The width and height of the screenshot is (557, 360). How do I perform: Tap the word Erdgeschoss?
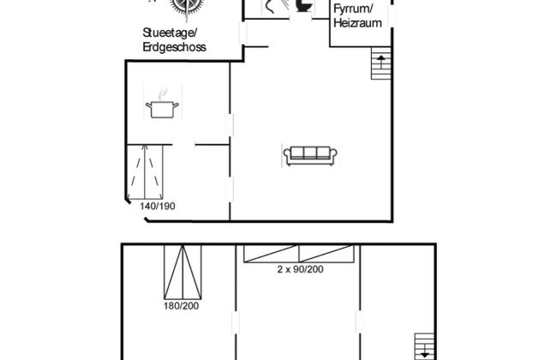click(x=175, y=47)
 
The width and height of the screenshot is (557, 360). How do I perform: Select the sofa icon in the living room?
click(x=310, y=155)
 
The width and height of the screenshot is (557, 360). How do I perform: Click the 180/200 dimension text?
click(x=181, y=304)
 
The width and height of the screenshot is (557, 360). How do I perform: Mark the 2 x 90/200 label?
click(x=299, y=268)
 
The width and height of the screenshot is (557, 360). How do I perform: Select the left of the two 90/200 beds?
click(x=272, y=253)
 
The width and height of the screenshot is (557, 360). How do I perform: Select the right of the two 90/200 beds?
click(x=326, y=253)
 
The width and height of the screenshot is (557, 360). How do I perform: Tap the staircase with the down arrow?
click(x=424, y=345)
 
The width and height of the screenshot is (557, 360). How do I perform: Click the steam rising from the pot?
click(x=163, y=93)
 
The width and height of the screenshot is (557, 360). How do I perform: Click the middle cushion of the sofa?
click(x=310, y=153)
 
